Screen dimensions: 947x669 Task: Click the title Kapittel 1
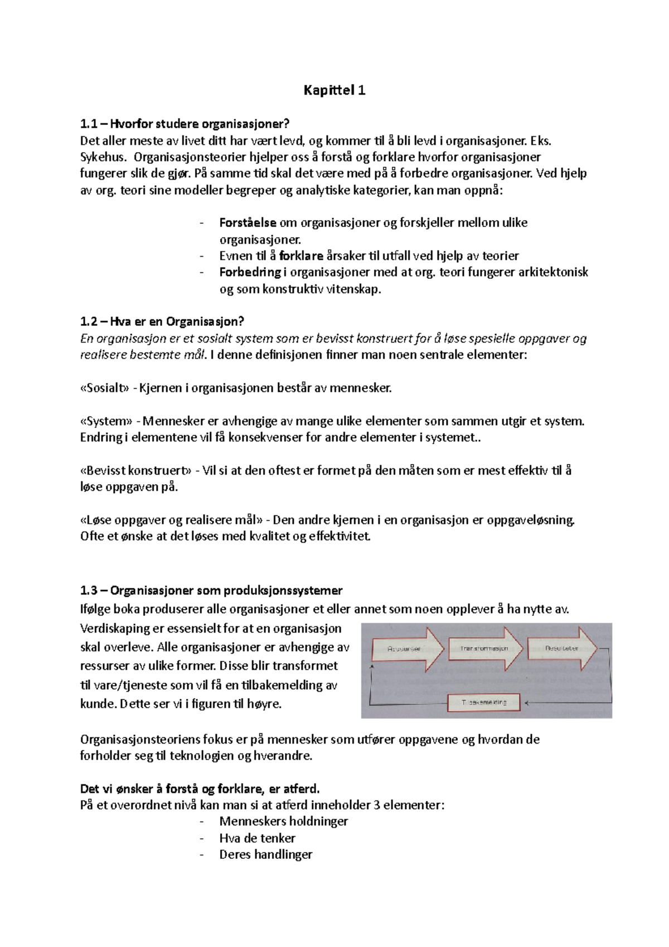pyautogui.click(x=334, y=90)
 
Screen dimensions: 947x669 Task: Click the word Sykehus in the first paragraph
pyautogui.click(x=103, y=157)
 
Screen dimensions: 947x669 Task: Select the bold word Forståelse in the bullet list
pyautogui.click(x=248, y=223)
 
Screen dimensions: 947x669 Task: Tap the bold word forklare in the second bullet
pyautogui.click(x=301, y=256)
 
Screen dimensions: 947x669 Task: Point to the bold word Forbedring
pyautogui.click(x=250, y=272)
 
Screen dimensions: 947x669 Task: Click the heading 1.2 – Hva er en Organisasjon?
pyautogui.click(x=162, y=321)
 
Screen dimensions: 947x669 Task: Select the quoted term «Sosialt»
pyautogui.click(x=105, y=388)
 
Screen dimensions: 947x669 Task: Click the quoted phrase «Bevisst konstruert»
pyautogui.click(x=135, y=470)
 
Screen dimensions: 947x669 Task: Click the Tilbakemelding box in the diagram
pyautogui.click(x=484, y=702)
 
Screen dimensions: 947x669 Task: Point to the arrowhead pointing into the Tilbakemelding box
pyautogui.click(x=526, y=703)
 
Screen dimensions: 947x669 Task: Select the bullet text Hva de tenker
pyautogui.click(x=257, y=838)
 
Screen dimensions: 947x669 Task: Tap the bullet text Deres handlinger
pyautogui.click(x=265, y=854)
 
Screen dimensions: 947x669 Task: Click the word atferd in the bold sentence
pyautogui.click(x=301, y=789)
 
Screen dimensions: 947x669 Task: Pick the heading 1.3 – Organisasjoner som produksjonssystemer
pyautogui.click(x=211, y=590)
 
